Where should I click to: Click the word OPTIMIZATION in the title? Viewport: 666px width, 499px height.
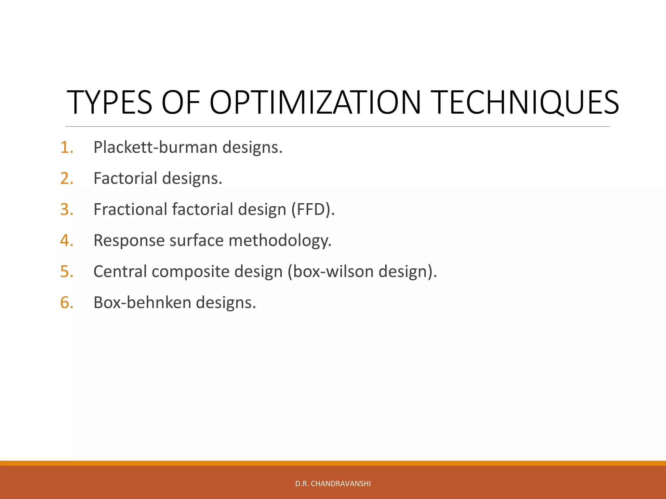[x=315, y=103]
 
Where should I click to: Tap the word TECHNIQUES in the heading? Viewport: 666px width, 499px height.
[x=526, y=103]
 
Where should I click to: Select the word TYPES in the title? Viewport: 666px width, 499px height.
[x=109, y=103]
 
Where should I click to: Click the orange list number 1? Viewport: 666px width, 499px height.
[x=67, y=147]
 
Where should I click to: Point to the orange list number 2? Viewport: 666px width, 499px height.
[x=67, y=178]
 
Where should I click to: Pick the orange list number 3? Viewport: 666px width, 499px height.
[x=67, y=210]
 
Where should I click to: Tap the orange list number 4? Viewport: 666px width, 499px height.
[x=67, y=240]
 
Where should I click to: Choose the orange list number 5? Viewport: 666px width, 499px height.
[x=67, y=272]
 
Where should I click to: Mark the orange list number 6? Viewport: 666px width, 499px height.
[x=67, y=302]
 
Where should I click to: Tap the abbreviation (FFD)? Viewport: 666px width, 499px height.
[x=313, y=210]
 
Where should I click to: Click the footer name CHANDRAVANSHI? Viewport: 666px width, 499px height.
[x=340, y=484]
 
